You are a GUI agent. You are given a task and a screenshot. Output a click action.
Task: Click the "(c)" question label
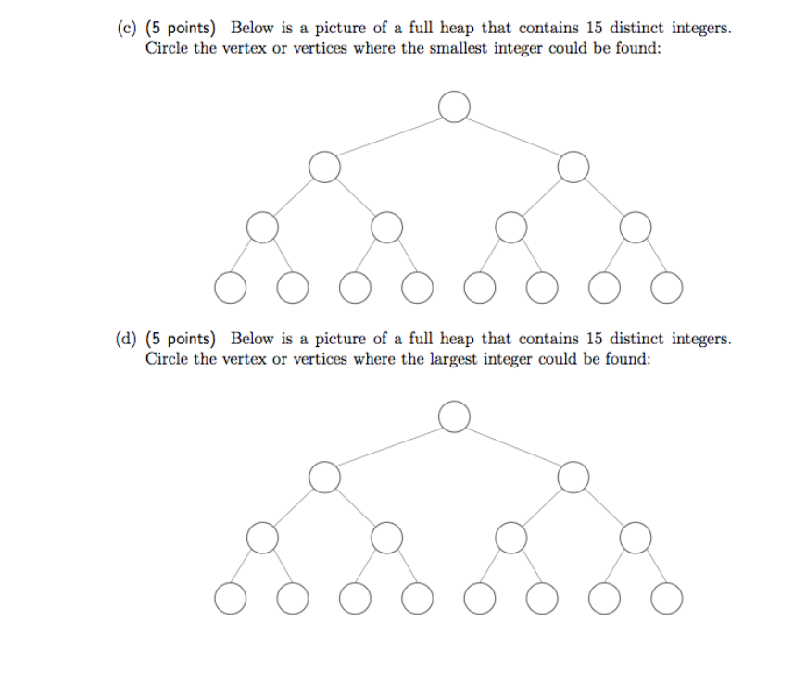tap(126, 29)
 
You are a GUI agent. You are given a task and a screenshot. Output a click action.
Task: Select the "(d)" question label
tap(126, 339)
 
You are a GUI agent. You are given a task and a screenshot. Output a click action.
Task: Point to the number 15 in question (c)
tap(594, 28)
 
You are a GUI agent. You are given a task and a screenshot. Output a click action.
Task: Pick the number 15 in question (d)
tap(594, 339)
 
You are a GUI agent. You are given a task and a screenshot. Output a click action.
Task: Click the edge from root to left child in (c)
tap(389, 137)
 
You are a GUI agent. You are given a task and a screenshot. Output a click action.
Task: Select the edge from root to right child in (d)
tap(513, 447)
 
